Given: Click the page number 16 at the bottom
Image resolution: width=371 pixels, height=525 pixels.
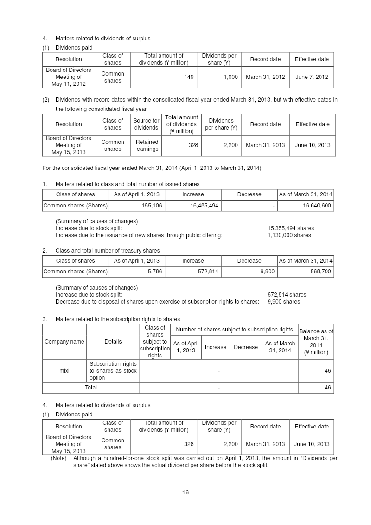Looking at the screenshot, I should (x=185, y=493).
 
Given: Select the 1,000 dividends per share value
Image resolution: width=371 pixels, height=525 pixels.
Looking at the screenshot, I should (x=230, y=77).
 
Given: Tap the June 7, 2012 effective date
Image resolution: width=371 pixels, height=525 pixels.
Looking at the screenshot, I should (x=312, y=77).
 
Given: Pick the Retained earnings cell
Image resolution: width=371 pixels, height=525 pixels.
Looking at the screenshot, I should (x=147, y=145).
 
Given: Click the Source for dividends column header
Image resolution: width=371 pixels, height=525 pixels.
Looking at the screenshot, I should (x=146, y=124).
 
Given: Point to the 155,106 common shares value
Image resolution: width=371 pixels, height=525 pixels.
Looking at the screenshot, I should (x=152, y=206).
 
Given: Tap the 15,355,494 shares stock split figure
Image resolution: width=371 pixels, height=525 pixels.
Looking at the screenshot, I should (x=291, y=228).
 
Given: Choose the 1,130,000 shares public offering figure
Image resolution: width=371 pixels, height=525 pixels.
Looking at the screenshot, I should (x=289, y=235).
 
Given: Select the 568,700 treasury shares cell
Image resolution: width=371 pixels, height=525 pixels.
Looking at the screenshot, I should (x=320, y=272).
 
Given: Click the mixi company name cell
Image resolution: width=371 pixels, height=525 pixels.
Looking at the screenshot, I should (x=64, y=371).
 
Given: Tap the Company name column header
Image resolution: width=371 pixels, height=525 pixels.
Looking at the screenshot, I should (x=64, y=342).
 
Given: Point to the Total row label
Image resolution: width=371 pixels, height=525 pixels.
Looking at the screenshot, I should (x=91, y=387).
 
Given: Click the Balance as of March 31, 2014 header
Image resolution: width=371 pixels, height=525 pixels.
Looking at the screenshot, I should (x=316, y=342).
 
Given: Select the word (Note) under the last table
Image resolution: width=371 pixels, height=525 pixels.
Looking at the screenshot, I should (x=58, y=458).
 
